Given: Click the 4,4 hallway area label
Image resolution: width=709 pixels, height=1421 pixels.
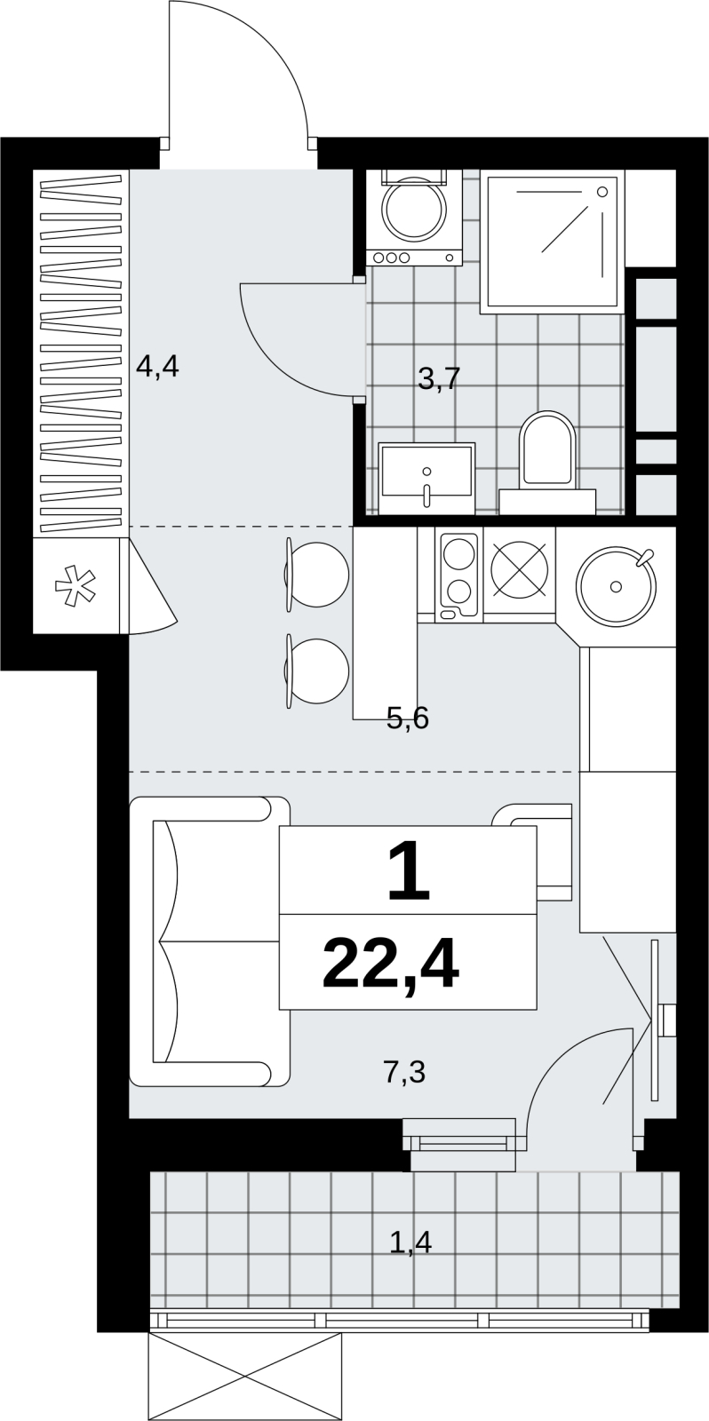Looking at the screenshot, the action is click(158, 368).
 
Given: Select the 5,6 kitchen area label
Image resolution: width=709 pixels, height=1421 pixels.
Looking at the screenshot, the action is click(408, 718).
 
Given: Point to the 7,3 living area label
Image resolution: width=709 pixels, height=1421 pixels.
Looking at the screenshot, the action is click(404, 1071).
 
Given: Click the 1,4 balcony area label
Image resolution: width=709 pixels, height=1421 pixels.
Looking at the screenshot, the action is click(410, 1242).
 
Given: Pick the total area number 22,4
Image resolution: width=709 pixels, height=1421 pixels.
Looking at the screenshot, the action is click(390, 967).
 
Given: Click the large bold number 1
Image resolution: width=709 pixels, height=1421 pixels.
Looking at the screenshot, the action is click(409, 870).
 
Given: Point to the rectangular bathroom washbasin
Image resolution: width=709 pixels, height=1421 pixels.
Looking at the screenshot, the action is click(427, 479).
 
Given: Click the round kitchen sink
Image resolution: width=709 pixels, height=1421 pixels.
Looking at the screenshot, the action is click(616, 585).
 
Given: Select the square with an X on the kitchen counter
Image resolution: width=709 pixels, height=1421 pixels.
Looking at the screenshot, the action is click(519, 568).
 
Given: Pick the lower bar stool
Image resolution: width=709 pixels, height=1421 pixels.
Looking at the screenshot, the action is click(316, 671).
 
